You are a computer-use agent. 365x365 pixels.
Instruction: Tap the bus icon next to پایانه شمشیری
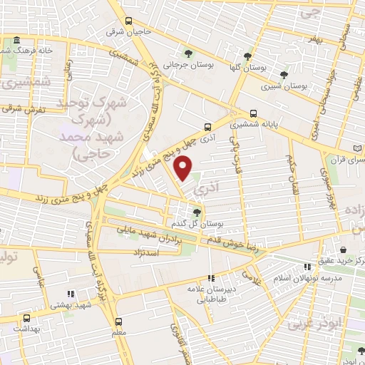[x=254, y=113]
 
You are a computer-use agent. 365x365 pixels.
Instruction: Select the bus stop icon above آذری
[x=207, y=122]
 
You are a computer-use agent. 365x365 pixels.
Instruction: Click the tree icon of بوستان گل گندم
[x=197, y=212]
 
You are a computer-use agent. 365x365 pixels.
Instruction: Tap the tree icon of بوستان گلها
[x=247, y=56]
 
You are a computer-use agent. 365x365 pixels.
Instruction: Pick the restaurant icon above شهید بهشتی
[x=70, y=293]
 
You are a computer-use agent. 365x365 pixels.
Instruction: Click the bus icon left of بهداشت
[x=26, y=319]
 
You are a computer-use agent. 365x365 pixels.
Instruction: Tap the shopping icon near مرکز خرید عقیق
[x=344, y=250]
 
